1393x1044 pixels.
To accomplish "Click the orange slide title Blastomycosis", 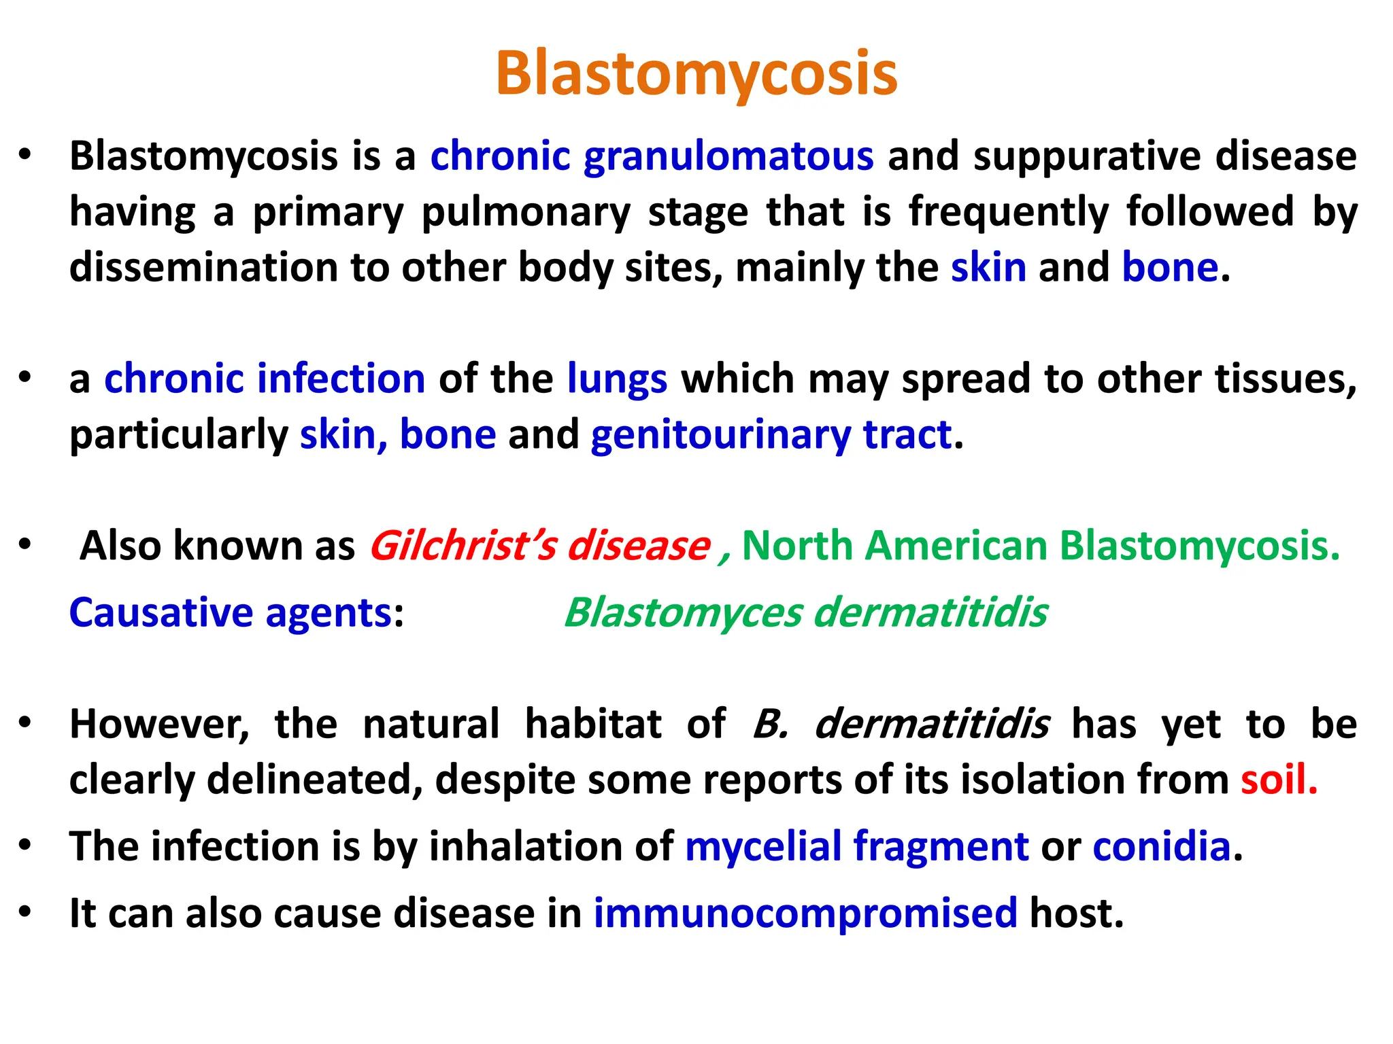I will click(x=696, y=73).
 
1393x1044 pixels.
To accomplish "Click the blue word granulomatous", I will click(x=728, y=157).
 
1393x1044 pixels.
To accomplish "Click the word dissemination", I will click(x=203, y=267).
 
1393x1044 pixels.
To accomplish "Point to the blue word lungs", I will click(x=617, y=379).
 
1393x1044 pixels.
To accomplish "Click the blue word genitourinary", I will click(x=720, y=435).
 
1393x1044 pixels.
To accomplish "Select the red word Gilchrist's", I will click(x=463, y=546).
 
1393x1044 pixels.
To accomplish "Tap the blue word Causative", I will click(x=161, y=612).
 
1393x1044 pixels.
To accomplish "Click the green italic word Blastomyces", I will click(x=684, y=612).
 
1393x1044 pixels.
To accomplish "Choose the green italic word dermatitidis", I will click(x=930, y=612).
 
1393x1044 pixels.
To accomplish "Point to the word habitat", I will click(x=593, y=724).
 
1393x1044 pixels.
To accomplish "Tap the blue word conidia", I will click(x=1162, y=847).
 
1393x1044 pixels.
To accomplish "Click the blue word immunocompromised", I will click(x=805, y=913).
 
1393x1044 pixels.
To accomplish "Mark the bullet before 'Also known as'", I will click(x=25, y=544).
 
